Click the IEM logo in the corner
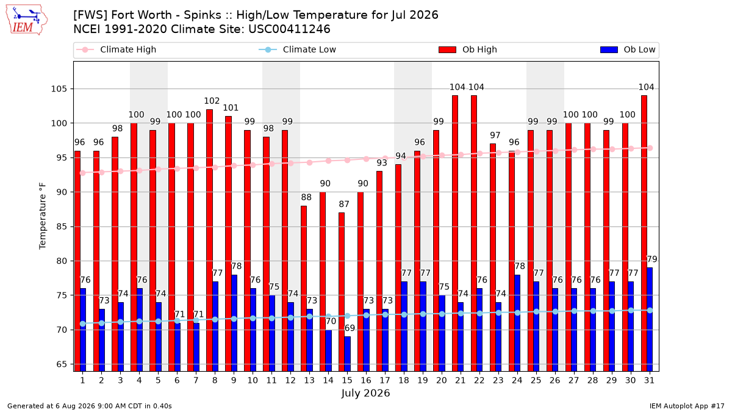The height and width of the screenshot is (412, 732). [x=27, y=20]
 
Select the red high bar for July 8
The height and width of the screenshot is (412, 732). [x=209, y=240]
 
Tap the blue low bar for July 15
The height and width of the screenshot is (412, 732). [x=347, y=354]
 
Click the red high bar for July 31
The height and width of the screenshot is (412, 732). [x=644, y=233]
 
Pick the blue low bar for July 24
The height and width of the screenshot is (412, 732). [x=517, y=323]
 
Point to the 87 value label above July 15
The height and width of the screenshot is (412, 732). [x=344, y=204]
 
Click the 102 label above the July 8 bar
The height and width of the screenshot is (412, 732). [x=212, y=101]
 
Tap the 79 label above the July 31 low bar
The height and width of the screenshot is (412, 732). [x=652, y=259]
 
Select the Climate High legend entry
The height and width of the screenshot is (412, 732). [x=117, y=49]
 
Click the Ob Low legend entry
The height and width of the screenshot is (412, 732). [x=628, y=49]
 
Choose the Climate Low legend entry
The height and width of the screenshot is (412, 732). [x=298, y=49]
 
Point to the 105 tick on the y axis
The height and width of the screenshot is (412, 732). [x=59, y=89]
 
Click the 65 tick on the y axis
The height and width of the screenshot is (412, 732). [x=62, y=364]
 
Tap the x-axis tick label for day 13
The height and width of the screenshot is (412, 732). [x=309, y=380]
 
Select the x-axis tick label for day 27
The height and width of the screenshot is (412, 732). [x=574, y=380]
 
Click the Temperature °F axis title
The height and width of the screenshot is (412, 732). [x=43, y=216]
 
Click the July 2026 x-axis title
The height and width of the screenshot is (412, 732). [x=365, y=393]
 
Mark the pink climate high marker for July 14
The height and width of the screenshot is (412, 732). [x=328, y=161]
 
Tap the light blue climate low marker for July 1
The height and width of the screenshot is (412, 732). [x=83, y=323]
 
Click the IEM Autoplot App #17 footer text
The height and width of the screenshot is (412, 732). [x=687, y=406]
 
